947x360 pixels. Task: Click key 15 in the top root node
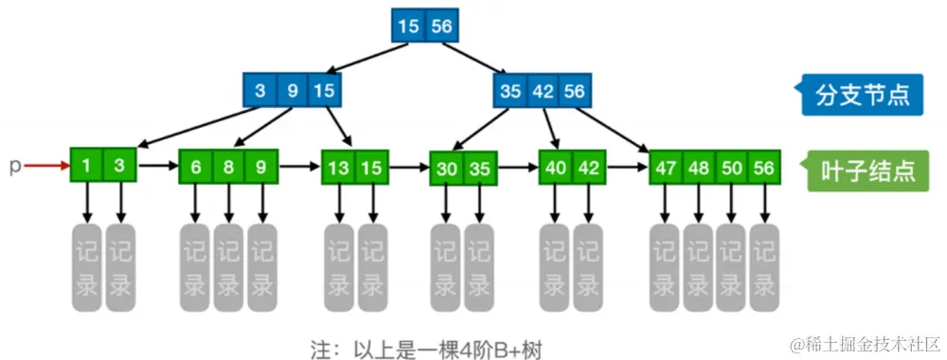(409, 27)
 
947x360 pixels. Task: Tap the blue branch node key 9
(293, 92)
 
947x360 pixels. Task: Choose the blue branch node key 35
(510, 92)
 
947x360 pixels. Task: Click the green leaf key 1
(87, 166)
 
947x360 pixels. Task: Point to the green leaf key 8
(229, 167)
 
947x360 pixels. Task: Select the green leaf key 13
(339, 168)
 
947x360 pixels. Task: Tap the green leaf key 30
(447, 168)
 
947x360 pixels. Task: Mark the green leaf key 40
(556, 168)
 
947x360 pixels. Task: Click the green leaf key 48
(699, 168)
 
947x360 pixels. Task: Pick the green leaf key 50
(731, 168)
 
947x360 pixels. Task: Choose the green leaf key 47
(667, 168)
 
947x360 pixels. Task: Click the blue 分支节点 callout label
(863, 95)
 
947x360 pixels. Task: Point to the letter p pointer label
(14, 167)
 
